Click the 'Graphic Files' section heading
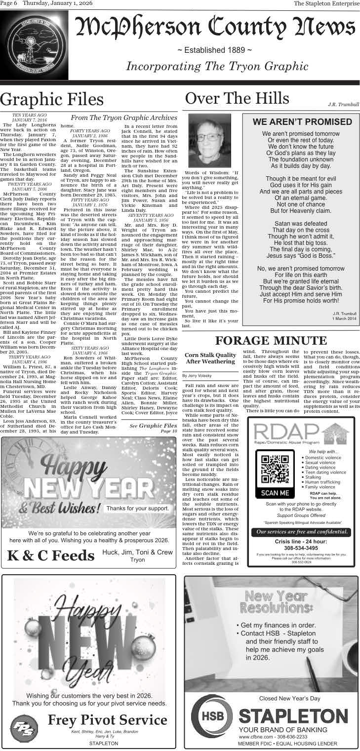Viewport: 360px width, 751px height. click(x=52, y=100)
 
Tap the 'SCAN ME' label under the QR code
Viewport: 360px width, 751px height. click(x=275, y=493)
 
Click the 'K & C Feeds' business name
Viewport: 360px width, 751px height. click(x=51, y=555)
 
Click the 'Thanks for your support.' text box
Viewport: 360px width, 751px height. click(x=138, y=508)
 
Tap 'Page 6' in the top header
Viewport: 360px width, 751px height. click(x=9, y=4)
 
